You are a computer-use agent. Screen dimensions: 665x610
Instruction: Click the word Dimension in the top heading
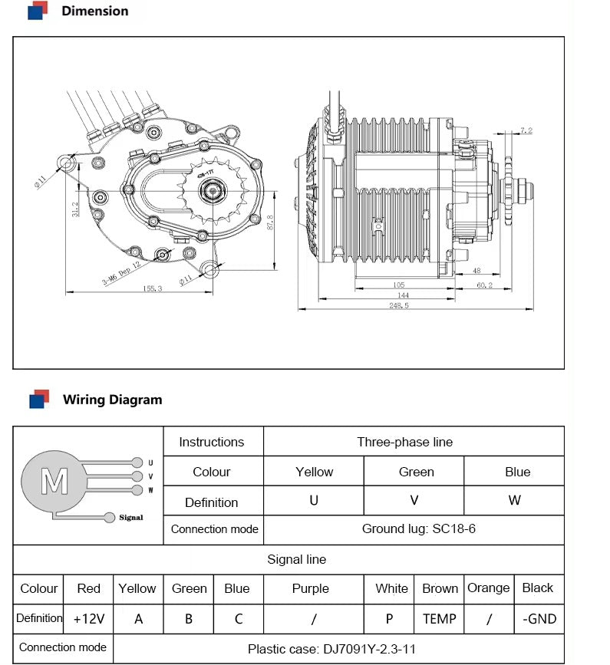pos(94,11)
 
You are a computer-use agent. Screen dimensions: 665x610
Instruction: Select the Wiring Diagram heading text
pos(112,400)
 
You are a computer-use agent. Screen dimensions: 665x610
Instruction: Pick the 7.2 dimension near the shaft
pos(526,131)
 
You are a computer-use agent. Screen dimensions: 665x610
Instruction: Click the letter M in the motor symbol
pos(54,482)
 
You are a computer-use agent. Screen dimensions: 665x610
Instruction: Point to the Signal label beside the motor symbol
pos(130,518)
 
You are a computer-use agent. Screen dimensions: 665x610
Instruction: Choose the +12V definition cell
pos(88,619)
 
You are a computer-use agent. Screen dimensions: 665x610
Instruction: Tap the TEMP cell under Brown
pos(439,619)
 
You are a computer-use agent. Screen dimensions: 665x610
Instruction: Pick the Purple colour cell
pos(310,588)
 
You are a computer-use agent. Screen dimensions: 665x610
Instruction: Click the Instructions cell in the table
pos(211,442)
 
